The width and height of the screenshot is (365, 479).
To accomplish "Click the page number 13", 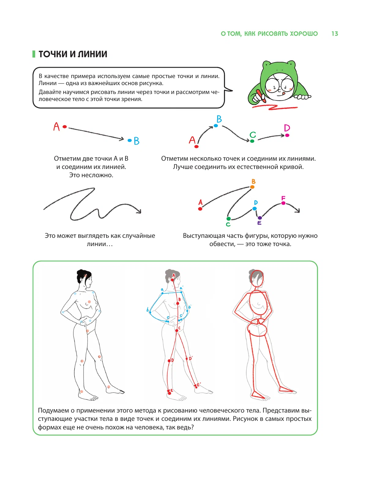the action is (335, 34).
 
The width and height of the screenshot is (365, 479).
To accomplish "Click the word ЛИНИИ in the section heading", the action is (92, 54).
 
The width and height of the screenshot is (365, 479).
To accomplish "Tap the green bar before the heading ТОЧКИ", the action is (34, 54).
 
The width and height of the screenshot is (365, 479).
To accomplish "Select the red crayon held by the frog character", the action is (261, 96).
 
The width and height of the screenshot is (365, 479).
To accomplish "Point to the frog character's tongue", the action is (283, 93).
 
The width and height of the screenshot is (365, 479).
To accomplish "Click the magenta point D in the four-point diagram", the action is (287, 135).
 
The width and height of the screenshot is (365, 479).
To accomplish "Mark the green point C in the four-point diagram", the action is (252, 141).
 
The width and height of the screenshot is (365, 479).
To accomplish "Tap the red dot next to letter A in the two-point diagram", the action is (65, 127).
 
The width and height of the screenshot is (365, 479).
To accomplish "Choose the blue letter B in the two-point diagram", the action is (136, 141).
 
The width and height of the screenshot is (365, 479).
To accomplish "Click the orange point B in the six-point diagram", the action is (252, 187).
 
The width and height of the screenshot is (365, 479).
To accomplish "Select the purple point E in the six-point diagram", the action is (260, 218).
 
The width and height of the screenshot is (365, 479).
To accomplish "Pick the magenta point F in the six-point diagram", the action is (283, 203).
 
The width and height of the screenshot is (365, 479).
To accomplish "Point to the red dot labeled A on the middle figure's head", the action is (172, 280).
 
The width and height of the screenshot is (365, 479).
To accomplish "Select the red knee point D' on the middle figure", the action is (187, 358).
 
